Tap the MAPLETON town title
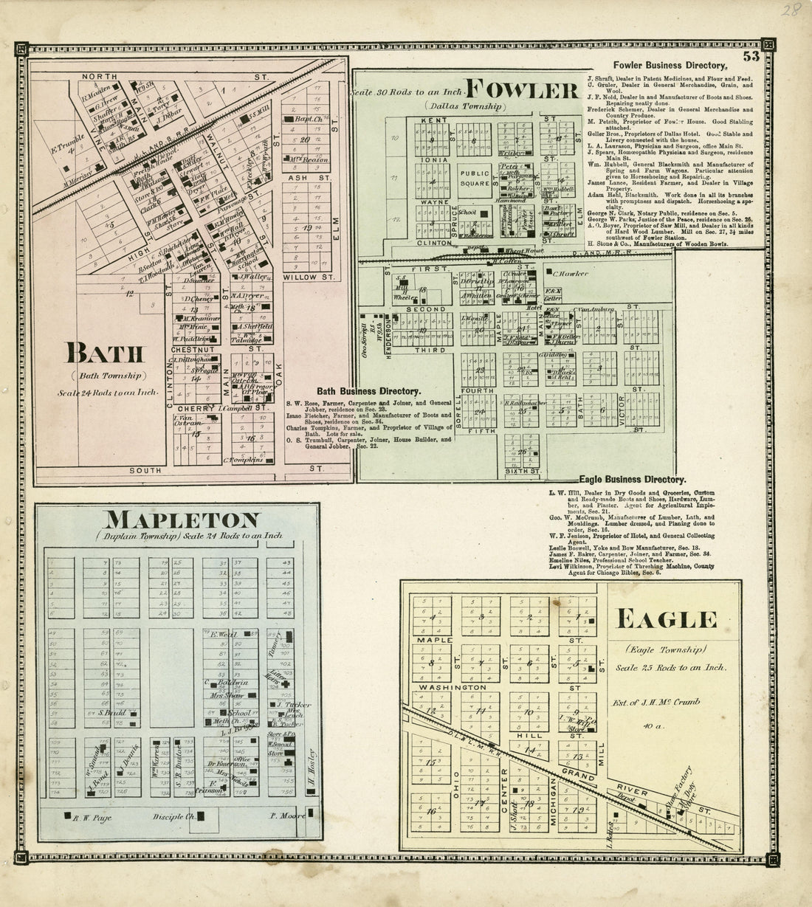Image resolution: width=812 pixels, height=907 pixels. pyautogui.click(x=181, y=520)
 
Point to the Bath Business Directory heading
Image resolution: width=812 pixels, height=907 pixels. pyautogui.click(x=369, y=391)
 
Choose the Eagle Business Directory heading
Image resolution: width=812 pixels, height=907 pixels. pyautogui.click(x=633, y=479)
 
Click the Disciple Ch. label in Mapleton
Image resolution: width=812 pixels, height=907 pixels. pyautogui.click(x=173, y=816)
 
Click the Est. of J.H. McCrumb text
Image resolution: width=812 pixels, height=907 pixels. pyautogui.click(x=666, y=703)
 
